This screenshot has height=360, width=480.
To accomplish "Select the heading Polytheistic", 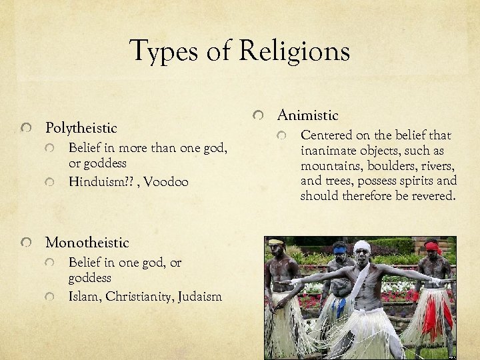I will (81, 127).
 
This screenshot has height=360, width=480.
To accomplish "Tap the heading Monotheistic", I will (87, 243).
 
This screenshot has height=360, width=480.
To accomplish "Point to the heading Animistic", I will (308, 115).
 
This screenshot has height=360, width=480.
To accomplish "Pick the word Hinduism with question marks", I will (101, 181).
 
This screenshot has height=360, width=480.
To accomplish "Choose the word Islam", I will (83, 297).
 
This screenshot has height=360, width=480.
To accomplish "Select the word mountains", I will (331, 166).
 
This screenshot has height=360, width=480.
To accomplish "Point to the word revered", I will (433, 196).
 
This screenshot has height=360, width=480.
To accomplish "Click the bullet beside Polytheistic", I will (25, 128).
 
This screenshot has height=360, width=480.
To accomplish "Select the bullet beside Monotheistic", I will (25, 243).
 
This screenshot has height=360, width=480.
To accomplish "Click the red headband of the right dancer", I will (433, 247).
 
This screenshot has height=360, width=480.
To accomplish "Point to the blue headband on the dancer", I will (340, 251).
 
